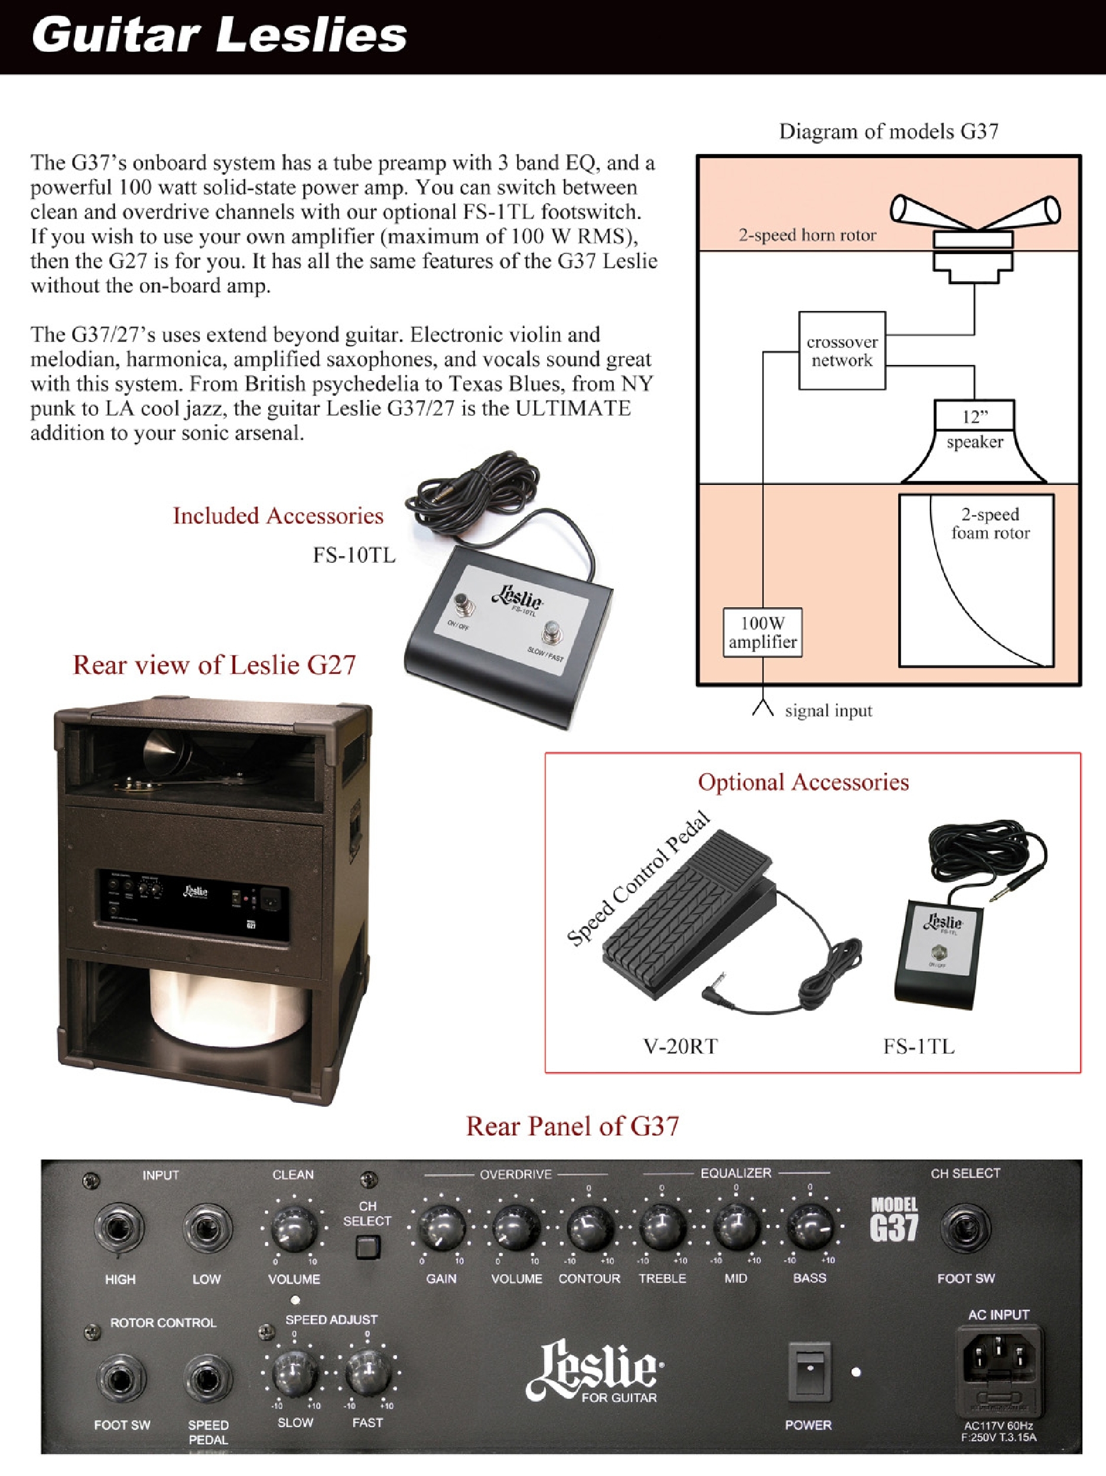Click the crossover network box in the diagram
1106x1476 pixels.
point(842,350)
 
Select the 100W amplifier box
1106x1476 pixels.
point(762,633)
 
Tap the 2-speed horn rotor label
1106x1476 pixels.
point(807,235)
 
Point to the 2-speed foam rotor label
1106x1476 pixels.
point(990,523)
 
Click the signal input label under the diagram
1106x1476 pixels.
point(828,711)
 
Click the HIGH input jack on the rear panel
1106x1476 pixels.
point(120,1229)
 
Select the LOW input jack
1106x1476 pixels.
point(207,1229)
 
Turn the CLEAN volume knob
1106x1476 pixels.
point(294,1229)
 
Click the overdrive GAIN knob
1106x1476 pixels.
point(441,1229)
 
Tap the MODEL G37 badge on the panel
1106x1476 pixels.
point(894,1220)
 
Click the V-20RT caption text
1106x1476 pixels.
point(680,1045)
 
